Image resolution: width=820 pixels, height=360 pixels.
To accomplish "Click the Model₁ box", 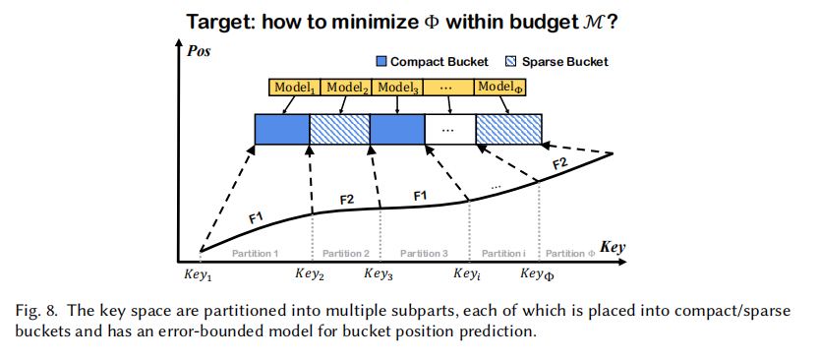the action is click(294, 88).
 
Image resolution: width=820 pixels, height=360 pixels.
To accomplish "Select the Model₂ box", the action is click(345, 88).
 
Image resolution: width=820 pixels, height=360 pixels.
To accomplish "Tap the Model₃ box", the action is click(397, 88).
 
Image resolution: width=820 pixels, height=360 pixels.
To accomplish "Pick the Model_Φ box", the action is click(499, 88).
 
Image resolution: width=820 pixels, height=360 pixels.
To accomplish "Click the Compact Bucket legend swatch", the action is click(381, 62).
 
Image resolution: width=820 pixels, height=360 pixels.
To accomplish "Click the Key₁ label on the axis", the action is click(198, 274).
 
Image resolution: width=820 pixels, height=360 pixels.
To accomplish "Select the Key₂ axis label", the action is click(310, 273).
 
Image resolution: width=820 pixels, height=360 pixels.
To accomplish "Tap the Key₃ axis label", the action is click(379, 273).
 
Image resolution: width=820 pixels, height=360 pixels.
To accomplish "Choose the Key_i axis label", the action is click(467, 273).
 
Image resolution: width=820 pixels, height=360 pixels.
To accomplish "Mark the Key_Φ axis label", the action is click(537, 273).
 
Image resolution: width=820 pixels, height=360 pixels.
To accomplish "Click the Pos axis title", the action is click(199, 52).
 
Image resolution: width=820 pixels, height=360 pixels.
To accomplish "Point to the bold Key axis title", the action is click(613, 247).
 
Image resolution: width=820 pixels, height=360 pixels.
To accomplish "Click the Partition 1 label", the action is click(256, 254).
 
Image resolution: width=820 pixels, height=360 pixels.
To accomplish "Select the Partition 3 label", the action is click(424, 254).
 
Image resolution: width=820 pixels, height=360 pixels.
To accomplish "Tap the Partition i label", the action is click(503, 254).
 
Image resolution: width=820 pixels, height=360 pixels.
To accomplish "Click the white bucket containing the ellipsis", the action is click(449, 129).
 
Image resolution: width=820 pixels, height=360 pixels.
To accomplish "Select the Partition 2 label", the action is click(346, 254).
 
